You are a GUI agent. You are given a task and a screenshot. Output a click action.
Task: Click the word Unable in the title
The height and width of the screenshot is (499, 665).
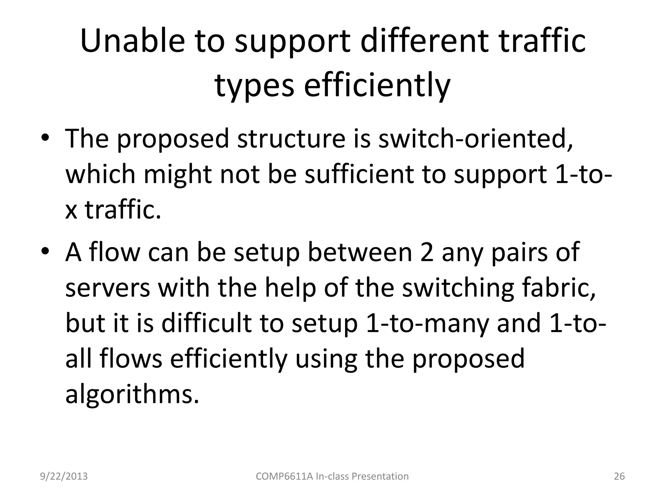tap(132, 42)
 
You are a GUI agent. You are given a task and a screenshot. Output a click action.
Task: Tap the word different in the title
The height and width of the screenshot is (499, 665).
tap(424, 42)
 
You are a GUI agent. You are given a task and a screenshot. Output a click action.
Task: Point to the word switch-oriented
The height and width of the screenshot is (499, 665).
tap(475, 139)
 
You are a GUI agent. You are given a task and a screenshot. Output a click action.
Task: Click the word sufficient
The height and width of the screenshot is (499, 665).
tap(359, 174)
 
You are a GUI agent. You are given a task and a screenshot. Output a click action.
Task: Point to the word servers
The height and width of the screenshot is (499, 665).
tap(107, 288)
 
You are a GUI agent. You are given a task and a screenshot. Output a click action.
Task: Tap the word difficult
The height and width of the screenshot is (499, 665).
tap(207, 324)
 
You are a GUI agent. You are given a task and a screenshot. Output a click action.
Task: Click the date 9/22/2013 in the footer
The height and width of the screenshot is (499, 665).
tap(64, 476)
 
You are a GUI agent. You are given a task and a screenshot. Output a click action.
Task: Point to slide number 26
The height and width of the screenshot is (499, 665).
tap(619, 476)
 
